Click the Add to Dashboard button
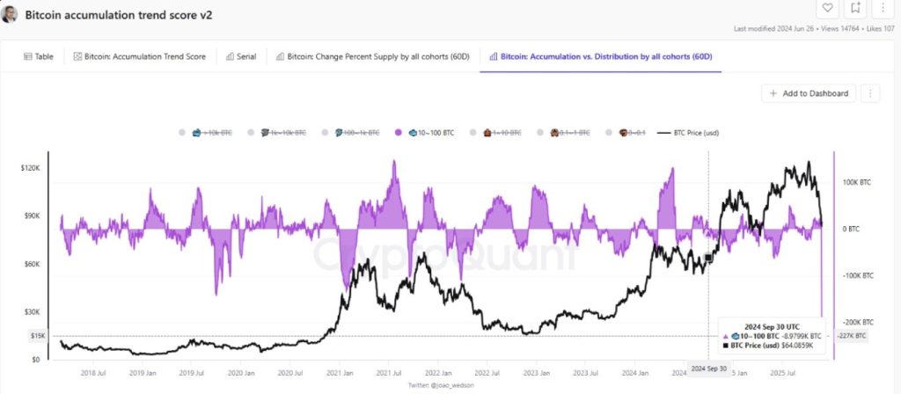tap(809, 93)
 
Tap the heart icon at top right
tap(827, 8)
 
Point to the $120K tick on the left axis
tap(31, 167)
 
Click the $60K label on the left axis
tap(31, 264)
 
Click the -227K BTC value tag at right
tap(852, 336)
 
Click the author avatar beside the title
tap(11, 15)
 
